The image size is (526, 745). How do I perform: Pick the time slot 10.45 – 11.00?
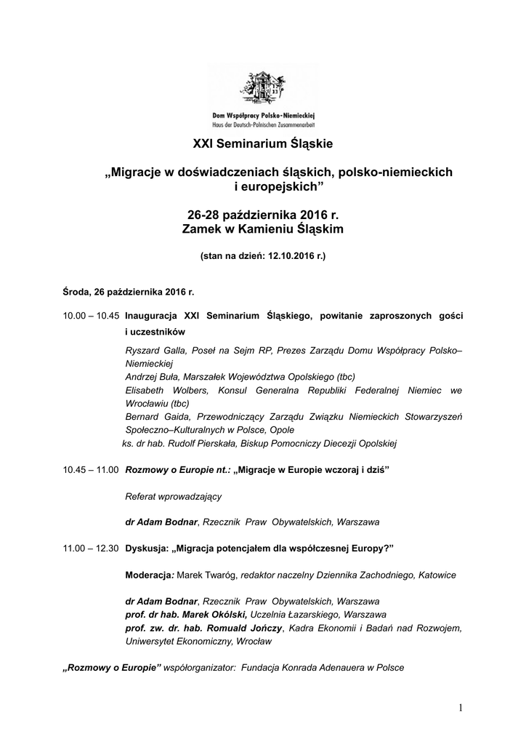[91, 471]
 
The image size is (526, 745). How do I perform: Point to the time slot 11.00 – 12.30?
[91, 548]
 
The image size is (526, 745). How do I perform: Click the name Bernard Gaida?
[153, 417]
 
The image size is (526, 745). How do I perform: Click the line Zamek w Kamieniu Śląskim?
[262, 230]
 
